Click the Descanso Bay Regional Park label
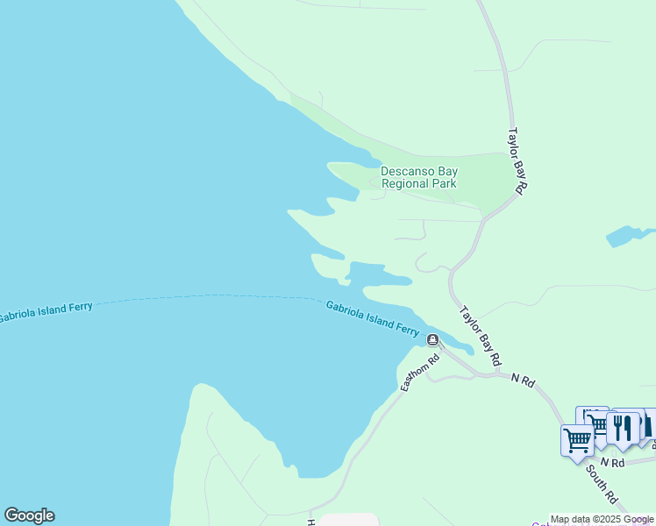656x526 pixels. click(x=419, y=178)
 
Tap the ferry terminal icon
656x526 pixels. click(x=432, y=339)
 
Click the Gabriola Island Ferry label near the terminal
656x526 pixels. click(x=373, y=318)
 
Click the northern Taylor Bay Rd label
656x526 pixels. click(x=517, y=160)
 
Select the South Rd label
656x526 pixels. click(x=603, y=488)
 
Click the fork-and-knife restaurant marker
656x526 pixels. click(x=622, y=428)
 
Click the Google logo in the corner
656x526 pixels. click(x=29, y=515)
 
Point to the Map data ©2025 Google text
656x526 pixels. click(x=603, y=520)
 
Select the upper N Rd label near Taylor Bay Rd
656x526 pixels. click(x=523, y=380)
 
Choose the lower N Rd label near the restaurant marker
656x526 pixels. click(x=612, y=462)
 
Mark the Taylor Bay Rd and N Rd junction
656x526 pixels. click(x=496, y=374)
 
